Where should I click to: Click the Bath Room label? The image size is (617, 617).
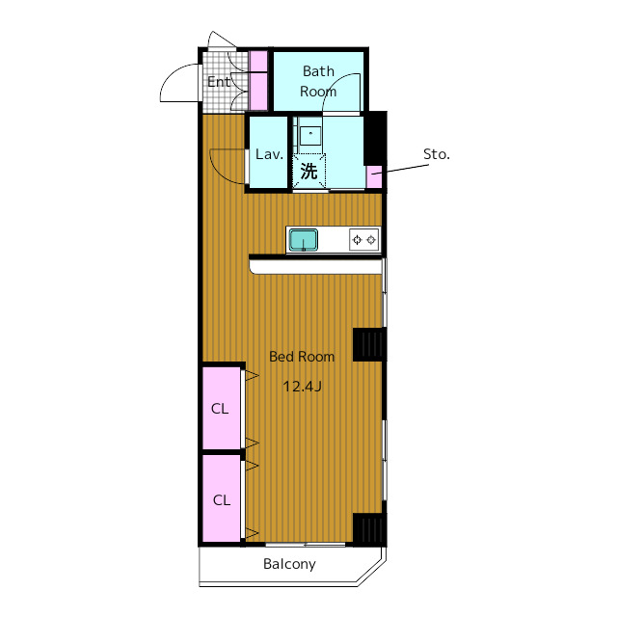click(318, 81)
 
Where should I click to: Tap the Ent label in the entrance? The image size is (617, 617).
click(219, 82)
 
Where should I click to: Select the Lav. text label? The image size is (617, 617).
click(269, 154)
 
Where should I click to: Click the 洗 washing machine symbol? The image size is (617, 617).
click(308, 172)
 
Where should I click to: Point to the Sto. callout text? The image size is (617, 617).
click(437, 154)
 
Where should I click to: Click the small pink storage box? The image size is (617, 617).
click(374, 176)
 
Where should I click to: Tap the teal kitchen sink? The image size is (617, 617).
click(304, 240)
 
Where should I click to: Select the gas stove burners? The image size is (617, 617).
click(364, 240)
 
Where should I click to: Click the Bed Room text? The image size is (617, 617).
click(302, 357)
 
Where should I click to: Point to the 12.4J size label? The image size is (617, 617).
click(302, 387)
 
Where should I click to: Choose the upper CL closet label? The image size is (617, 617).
click(220, 409)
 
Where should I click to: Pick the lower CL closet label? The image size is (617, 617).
click(221, 500)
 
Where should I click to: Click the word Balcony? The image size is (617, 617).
click(289, 564)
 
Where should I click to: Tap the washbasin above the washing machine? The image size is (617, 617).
click(310, 135)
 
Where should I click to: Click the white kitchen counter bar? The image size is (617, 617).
click(316, 266)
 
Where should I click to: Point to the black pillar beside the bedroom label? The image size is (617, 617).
click(369, 344)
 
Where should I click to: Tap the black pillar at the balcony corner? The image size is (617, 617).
click(369, 529)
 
